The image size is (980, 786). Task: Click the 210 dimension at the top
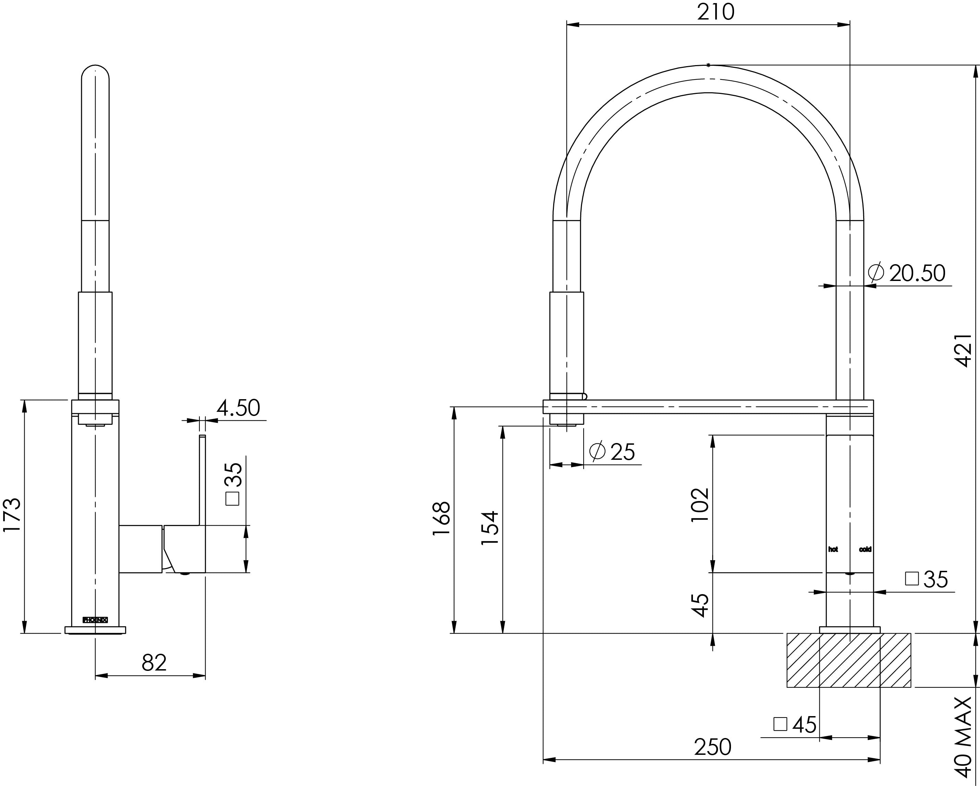tap(716, 12)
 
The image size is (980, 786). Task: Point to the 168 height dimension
tap(441, 519)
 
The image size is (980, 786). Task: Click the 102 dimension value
tap(699, 505)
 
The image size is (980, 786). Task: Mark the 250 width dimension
tap(712, 747)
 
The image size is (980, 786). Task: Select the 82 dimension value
tap(154, 663)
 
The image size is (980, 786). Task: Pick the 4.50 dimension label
tap(238, 408)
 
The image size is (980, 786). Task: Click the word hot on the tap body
tap(833, 550)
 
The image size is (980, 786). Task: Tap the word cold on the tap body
tap(865, 550)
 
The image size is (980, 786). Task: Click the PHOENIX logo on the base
tap(95, 619)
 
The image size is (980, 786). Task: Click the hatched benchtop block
tap(848, 660)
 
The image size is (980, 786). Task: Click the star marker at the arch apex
tap(708, 65)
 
